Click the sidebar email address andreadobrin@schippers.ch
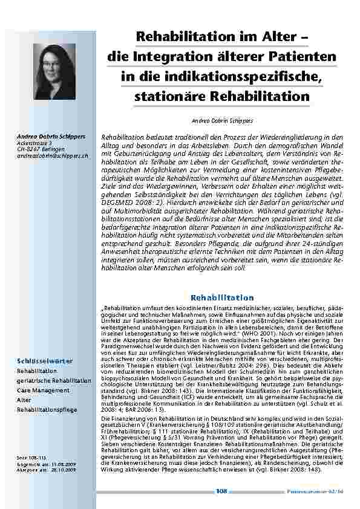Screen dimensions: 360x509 click(53, 155)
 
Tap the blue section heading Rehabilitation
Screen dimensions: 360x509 click(222, 297)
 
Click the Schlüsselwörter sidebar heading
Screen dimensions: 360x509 click(45, 361)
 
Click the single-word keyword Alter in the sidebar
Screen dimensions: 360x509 click(24, 400)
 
